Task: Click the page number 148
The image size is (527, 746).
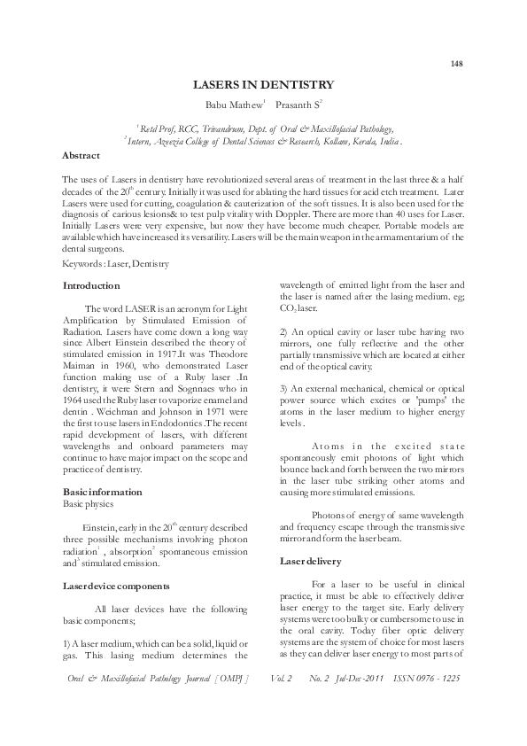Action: click(x=457, y=64)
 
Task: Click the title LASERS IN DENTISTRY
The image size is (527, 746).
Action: click(x=263, y=85)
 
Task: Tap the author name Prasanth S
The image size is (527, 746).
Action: click(x=300, y=105)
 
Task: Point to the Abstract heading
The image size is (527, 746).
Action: click(x=81, y=155)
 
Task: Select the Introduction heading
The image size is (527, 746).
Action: click(x=91, y=286)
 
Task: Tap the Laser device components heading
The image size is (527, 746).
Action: click(x=110, y=586)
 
